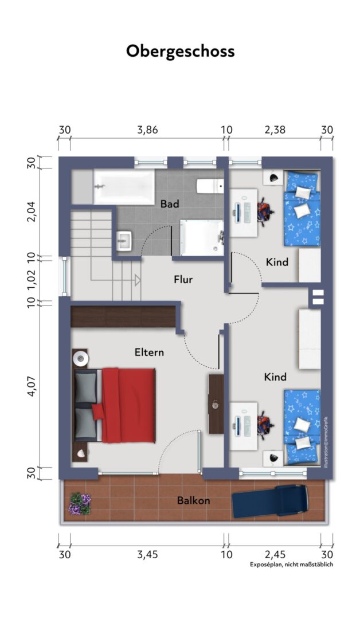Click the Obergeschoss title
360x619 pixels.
click(181, 52)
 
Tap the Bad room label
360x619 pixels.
click(170, 203)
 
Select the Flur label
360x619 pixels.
click(183, 280)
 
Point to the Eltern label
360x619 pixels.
click(149, 352)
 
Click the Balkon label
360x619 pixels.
click(193, 500)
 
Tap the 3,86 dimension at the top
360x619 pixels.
click(147, 130)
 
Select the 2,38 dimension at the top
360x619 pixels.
click(275, 130)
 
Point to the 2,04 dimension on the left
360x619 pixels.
click(33, 211)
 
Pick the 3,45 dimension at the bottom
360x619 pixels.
click(147, 555)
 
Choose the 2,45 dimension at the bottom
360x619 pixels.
click(275, 555)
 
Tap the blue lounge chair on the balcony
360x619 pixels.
click(269, 501)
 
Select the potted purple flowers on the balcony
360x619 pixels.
click(80, 504)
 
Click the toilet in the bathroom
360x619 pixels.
click(210, 186)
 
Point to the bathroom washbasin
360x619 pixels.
click(124, 241)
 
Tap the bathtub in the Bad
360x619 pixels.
click(124, 187)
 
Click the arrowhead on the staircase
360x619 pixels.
click(138, 280)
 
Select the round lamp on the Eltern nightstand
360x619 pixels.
click(81, 358)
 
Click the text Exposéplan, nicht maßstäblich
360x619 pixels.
click(291, 565)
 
